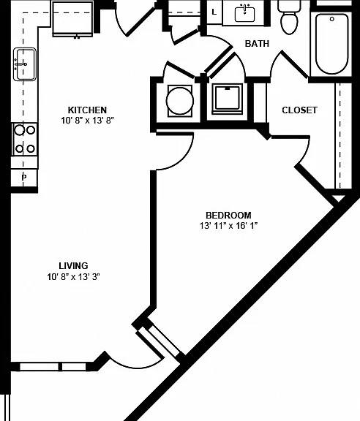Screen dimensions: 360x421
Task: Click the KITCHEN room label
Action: pos(87,110)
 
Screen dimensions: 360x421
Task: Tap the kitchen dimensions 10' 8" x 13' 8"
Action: pos(87,121)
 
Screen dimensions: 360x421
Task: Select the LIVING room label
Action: pos(73,266)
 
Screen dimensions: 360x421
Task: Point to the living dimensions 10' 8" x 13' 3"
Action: pos(73,276)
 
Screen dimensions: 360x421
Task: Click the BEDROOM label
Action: pos(228,216)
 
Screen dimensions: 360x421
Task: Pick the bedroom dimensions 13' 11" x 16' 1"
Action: pos(228,226)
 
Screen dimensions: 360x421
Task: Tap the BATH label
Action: pos(257,44)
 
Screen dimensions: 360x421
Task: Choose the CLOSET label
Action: pos(299,110)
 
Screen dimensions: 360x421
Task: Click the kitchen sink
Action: pos(25,64)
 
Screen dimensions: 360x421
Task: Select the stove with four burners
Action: pos(25,140)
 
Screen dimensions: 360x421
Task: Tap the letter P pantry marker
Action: pos(24,177)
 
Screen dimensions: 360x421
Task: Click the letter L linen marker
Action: pos(214,12)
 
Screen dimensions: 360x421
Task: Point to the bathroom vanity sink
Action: pos(244,14)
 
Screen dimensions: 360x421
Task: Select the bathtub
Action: pos(331,44)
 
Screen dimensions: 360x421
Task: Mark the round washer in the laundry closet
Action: pos(180,101)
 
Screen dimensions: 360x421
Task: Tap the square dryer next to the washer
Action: pos(227,99)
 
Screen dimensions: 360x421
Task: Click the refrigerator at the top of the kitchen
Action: pos(73,19)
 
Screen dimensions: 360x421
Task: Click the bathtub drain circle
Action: pos(332,19)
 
